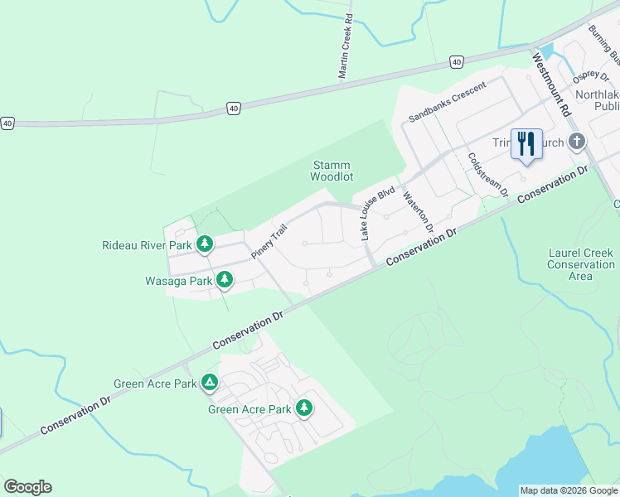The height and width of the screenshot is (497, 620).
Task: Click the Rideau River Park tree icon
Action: click(204, 244)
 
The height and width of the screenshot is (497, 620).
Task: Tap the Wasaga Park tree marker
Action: click(224, 281)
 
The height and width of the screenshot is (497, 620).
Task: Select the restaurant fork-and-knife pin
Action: click(526, 144)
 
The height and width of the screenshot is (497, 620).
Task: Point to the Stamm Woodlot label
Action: click(332, 171)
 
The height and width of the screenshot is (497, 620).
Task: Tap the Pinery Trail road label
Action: click(269, 240)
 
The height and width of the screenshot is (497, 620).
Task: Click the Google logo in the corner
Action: click(27, 487)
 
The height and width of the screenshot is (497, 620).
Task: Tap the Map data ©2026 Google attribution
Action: click(568, 490)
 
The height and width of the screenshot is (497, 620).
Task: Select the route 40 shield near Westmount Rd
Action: click(457, 62)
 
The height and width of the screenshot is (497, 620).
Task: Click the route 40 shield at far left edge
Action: click(7, 123)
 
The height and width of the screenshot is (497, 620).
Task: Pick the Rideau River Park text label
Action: click(146, 245)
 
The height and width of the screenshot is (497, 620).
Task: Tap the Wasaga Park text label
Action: click(178, 281)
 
